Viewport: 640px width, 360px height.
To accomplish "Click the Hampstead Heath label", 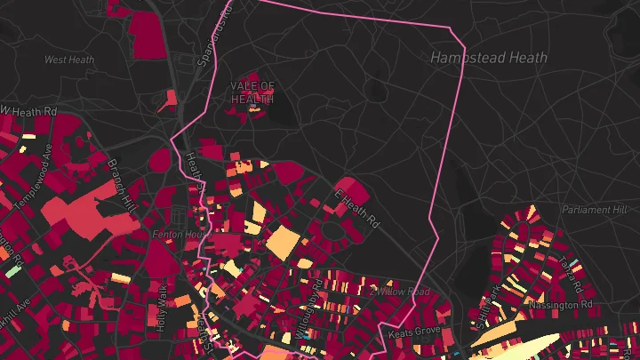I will point(489,58).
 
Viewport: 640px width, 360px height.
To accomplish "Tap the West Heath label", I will point(68,60).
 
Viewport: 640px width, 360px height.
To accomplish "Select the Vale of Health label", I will point(253,92).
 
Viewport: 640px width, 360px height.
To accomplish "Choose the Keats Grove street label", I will point(414,332).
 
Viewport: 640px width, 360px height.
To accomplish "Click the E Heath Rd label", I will point(357,207).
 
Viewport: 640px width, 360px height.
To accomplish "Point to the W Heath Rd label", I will point(28,111).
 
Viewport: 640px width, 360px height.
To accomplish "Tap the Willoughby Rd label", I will point(311,307).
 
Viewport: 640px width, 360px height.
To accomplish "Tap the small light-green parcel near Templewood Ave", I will point(12,268).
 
